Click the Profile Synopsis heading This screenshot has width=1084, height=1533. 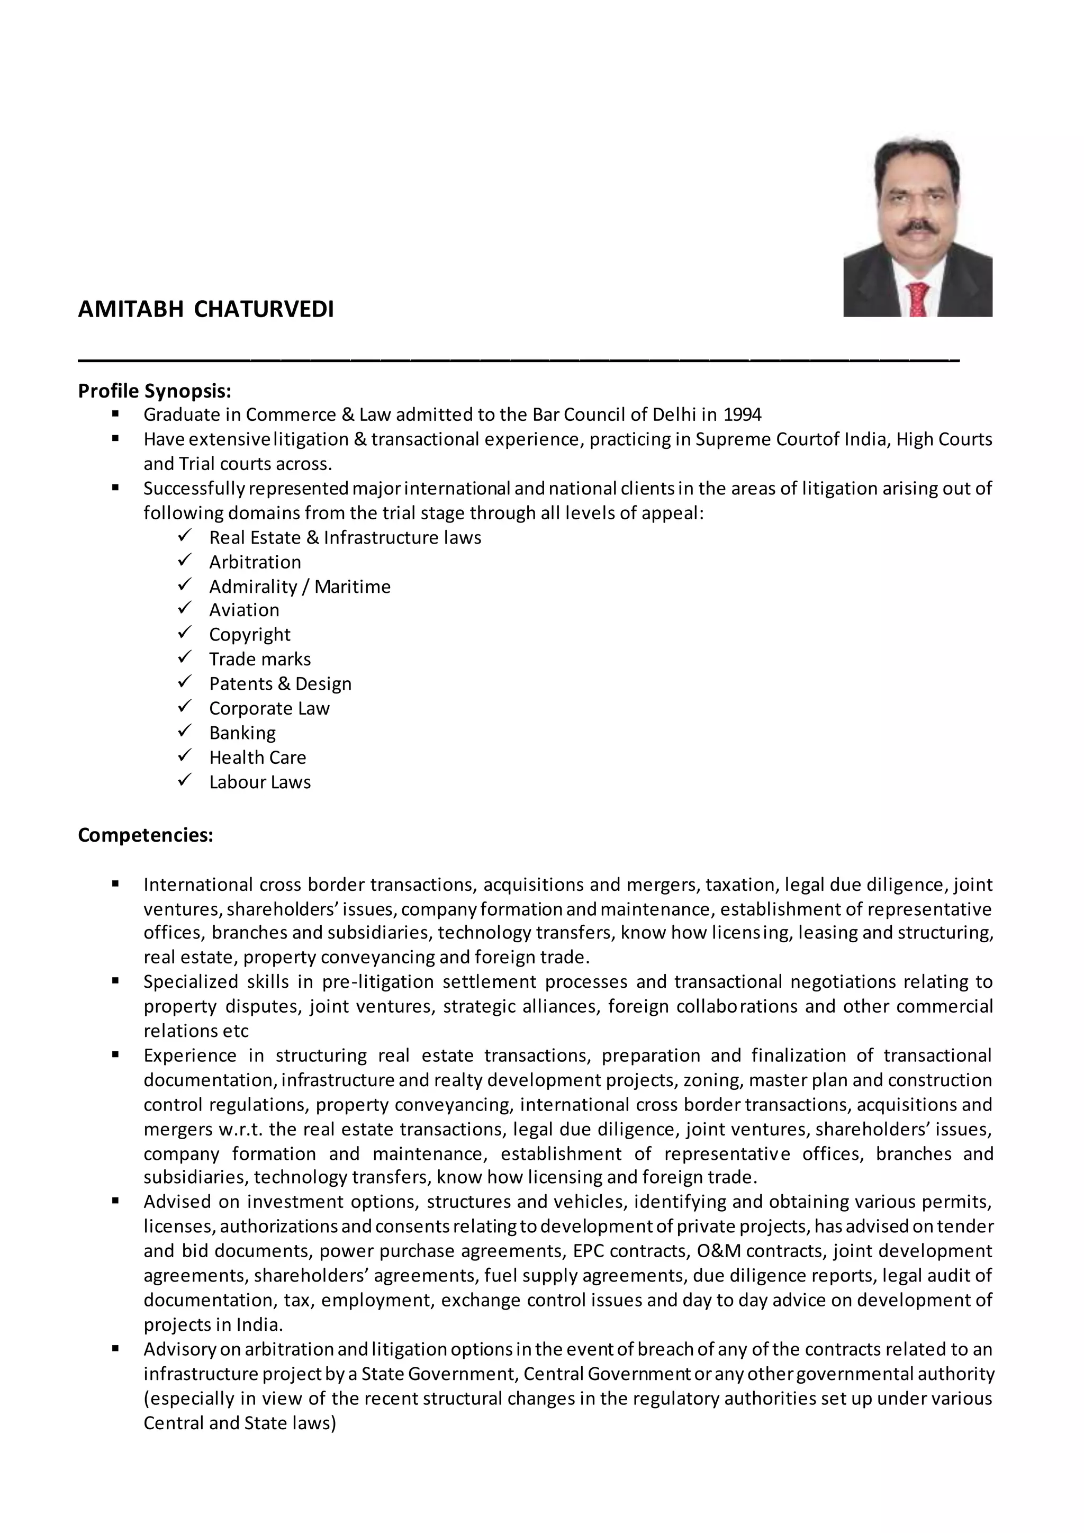point(154,391)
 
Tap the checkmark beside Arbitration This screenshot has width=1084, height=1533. point(185,560)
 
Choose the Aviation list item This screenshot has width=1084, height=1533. point(245,610)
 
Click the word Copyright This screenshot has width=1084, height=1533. point(250,634)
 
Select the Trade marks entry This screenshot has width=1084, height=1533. point(260,659)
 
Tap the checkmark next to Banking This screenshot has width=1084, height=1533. point(185,731)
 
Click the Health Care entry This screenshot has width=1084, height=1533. point(257,757)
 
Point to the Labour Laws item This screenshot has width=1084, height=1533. point(260,782)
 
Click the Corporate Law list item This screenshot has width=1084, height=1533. point(269,708)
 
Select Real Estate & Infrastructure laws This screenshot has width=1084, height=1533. point(345,537)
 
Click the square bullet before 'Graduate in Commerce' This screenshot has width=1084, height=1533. point(115,414)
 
